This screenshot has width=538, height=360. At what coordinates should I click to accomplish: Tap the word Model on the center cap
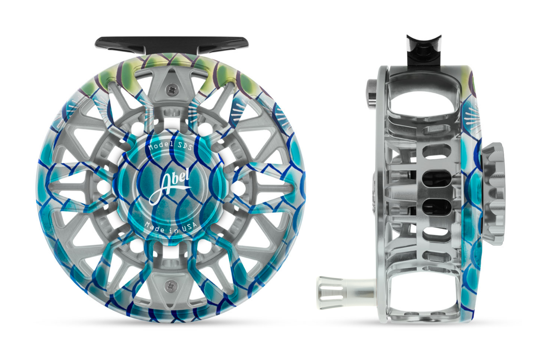pos(160,145)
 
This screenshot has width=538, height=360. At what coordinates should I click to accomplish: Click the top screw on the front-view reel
pos(171,90)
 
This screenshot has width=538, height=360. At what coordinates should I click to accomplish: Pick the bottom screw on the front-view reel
pos(171,286)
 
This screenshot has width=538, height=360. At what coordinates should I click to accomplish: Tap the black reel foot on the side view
pos(424,50)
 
